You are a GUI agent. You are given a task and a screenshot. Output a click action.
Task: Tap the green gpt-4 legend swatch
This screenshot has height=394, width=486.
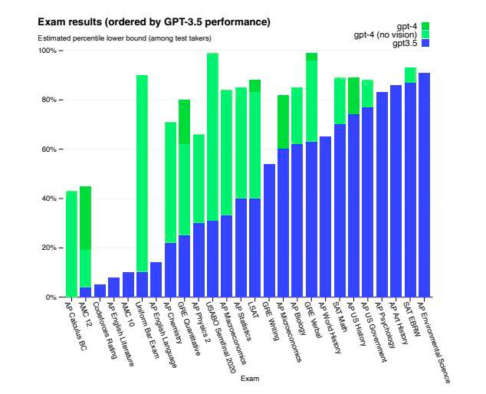[425, 26]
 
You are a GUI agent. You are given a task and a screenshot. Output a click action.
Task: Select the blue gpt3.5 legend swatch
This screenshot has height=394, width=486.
[425, 44]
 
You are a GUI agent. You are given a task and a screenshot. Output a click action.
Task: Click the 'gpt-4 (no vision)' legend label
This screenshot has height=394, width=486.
[386, 35]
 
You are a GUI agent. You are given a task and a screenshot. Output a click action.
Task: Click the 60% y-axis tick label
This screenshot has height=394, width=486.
[50, 149]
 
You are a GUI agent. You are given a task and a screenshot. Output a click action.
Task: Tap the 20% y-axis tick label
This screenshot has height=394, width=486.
[50, 248]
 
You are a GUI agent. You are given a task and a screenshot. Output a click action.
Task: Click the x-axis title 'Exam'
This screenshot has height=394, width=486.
[249, 379]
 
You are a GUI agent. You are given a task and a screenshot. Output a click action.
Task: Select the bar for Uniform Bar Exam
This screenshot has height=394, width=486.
[142, 184]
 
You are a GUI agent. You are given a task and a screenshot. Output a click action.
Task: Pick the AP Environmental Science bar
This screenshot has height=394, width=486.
[424, 185]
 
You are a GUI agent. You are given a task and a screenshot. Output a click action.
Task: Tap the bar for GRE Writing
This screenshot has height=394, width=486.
[269, 230]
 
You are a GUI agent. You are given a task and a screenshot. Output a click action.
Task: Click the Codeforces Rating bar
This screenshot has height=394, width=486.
[100, 291]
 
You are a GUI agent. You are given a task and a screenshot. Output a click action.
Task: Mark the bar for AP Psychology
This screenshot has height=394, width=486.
[382, 195]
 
